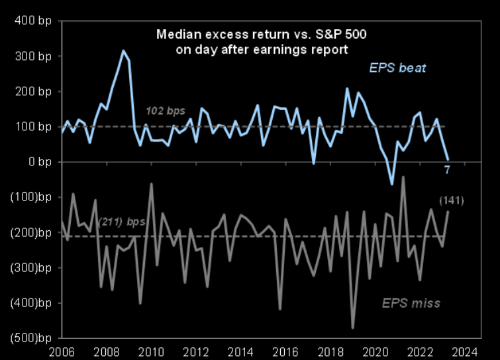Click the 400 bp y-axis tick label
(x=30, y=21)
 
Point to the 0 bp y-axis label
(x=34, y=161)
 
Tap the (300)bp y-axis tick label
(x=27, y=267)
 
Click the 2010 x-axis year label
(x=151, y=351)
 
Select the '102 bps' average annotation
(x=166, y=111)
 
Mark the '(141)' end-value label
(x=451, y=200)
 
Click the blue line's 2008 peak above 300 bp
(x=123, y=50)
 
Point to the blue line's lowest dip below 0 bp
(x=392, y=183)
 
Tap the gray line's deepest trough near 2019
(x=353, y=328)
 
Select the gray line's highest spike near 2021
(x=403, y=177)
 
